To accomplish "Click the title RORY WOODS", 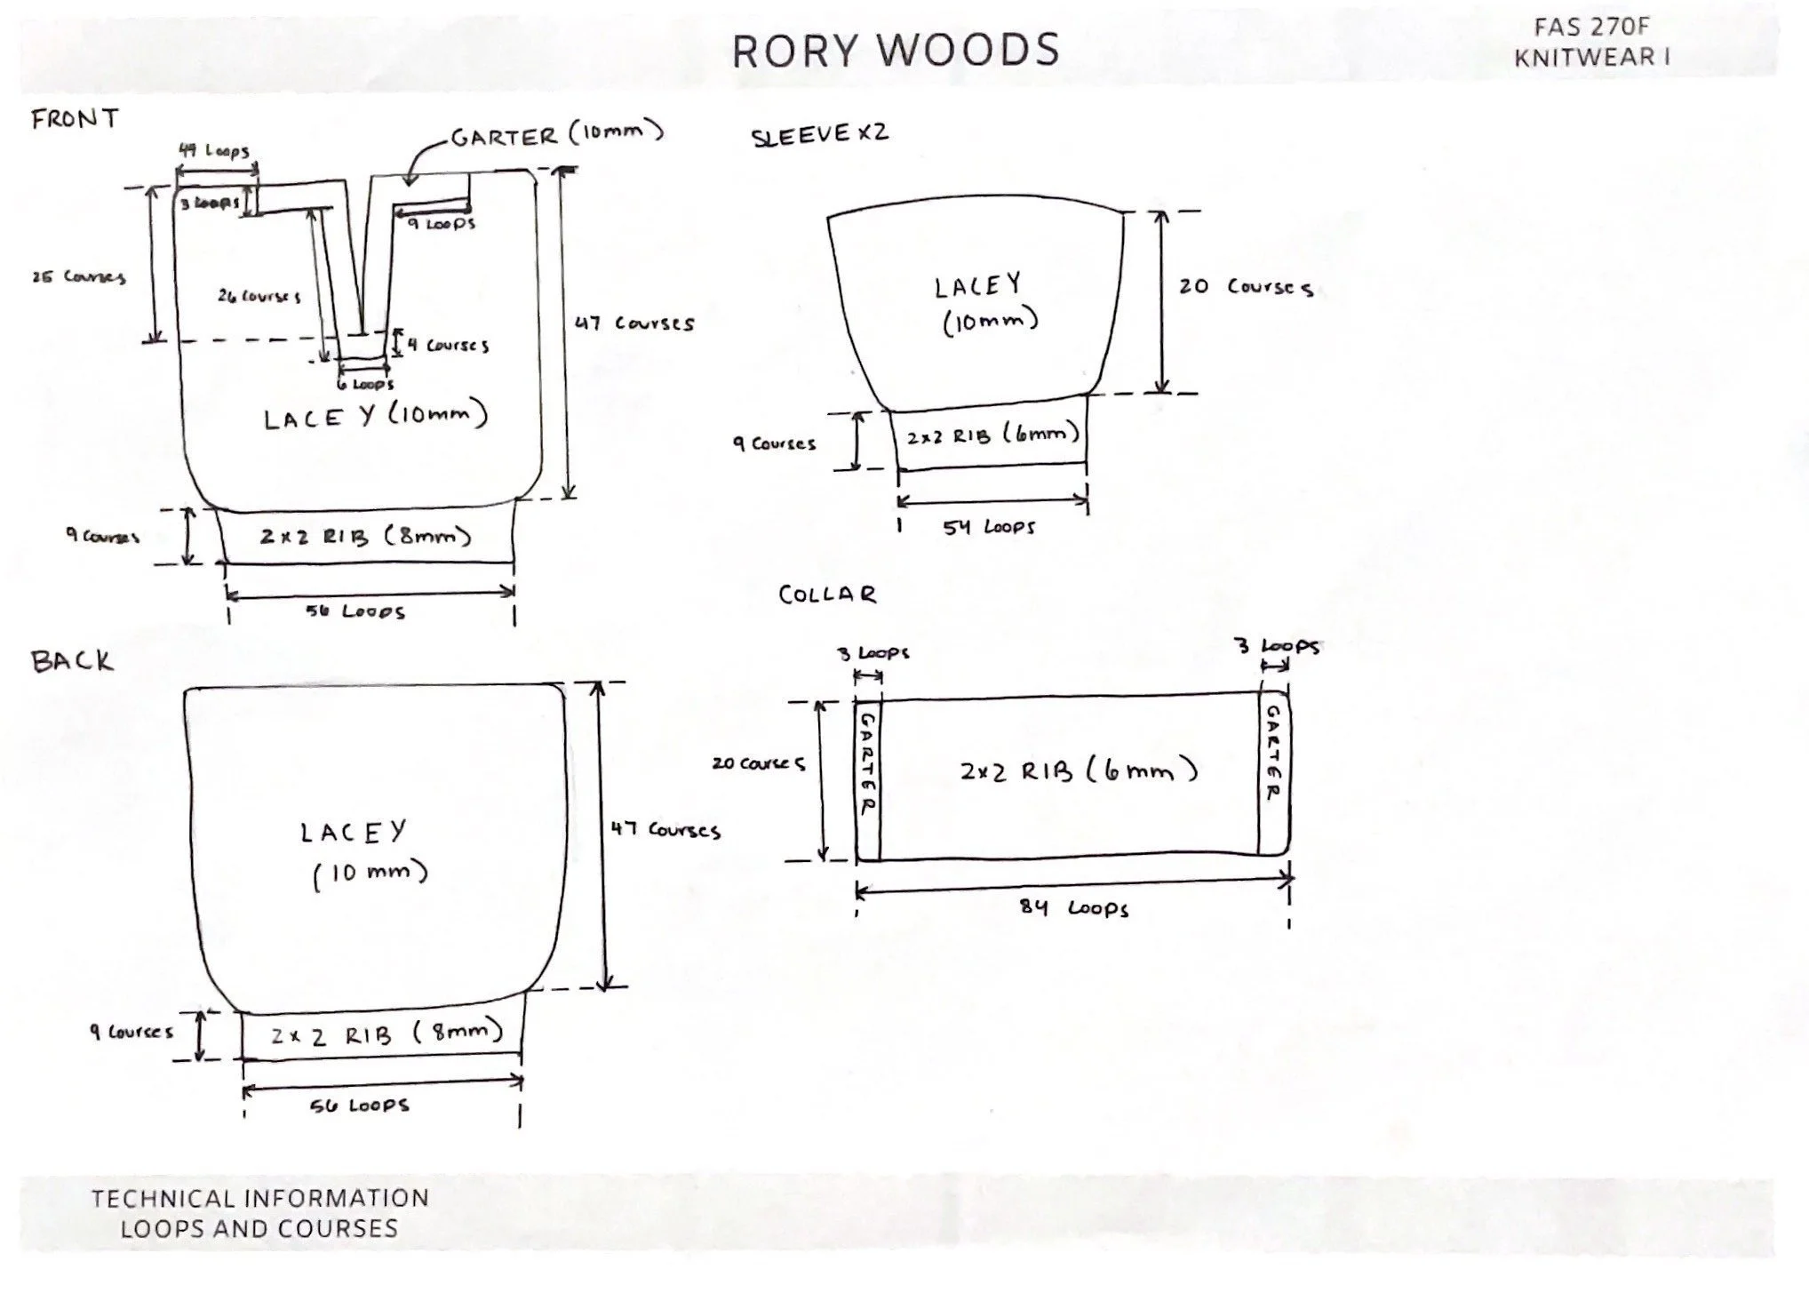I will pos(896,51).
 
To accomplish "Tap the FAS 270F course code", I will pos(1591,28).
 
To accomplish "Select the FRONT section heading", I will pos(75,118).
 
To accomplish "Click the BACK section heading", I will pos(73,661).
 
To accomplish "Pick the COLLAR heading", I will pos(827,595).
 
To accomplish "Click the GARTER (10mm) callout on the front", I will pos(557,135).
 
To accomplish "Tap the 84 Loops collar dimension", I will pos(1073,908).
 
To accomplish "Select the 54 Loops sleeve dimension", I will pos(989,527).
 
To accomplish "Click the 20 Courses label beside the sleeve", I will pos(1246,287).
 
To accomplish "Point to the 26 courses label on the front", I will pos(259,296).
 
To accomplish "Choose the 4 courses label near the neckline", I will pos(449,345).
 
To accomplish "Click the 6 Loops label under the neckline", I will pos(365,385).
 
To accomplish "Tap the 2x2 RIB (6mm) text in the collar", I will pos(1079,770).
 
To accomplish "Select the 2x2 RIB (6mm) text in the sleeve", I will pos(992,435).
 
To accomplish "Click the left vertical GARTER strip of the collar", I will pos(867,764).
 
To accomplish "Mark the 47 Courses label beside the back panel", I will pos(665,831).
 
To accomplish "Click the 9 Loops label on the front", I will pos(442,224).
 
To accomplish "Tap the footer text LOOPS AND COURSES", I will pos(259,1229).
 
